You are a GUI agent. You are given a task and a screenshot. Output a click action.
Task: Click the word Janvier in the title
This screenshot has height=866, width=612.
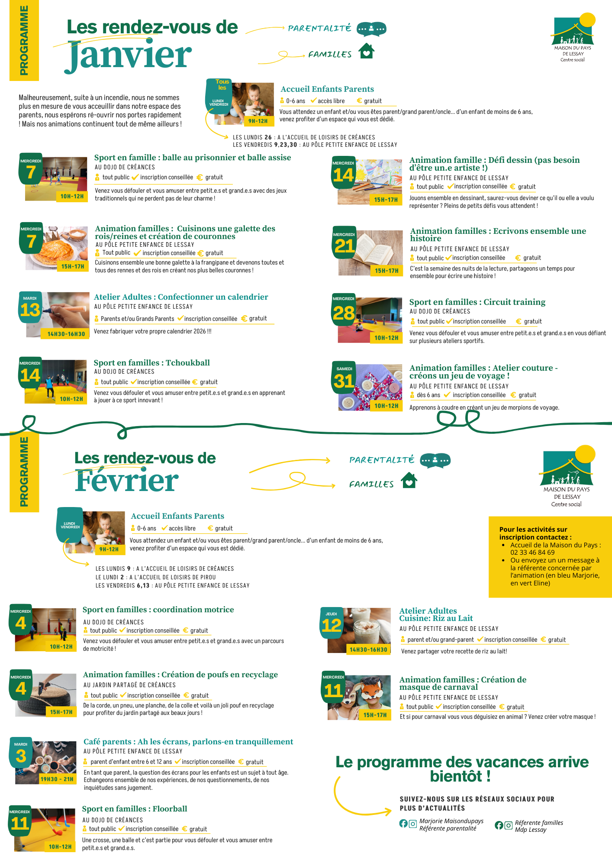pos(129,55)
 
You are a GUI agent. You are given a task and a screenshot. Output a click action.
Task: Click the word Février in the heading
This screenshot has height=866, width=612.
pos(126,481)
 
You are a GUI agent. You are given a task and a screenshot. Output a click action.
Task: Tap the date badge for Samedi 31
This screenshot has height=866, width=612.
pos(344,378)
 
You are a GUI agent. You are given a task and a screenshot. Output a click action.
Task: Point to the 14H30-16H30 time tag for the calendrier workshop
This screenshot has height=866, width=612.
pos(66,334)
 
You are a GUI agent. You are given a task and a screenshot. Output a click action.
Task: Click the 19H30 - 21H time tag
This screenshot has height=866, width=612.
pos(57,779)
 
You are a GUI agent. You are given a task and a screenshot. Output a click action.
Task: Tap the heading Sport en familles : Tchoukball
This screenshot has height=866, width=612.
pos(152,363)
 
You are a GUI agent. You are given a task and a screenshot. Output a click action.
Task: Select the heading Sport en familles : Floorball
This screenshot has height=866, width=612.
pos(135,809)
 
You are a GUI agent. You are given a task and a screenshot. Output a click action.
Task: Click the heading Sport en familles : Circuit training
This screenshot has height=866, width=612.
pos(477,302)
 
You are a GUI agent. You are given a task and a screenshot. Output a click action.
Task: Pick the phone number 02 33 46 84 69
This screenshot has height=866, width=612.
pos(532,553)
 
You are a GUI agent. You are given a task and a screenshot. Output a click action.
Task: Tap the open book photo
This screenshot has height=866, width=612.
pos(371,253)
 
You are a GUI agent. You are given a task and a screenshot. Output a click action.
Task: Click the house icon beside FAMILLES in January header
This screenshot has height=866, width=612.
pos(367,51)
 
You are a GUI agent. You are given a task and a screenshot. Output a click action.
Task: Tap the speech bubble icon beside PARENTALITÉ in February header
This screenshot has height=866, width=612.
pos(435,460)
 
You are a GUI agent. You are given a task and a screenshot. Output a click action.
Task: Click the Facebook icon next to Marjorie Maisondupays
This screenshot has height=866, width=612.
pos(403,824)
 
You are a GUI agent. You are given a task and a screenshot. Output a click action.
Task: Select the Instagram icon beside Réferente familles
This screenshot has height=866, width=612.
pos(508,825)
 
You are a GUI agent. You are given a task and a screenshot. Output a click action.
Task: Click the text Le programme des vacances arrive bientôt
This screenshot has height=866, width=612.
pos(462,769)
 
